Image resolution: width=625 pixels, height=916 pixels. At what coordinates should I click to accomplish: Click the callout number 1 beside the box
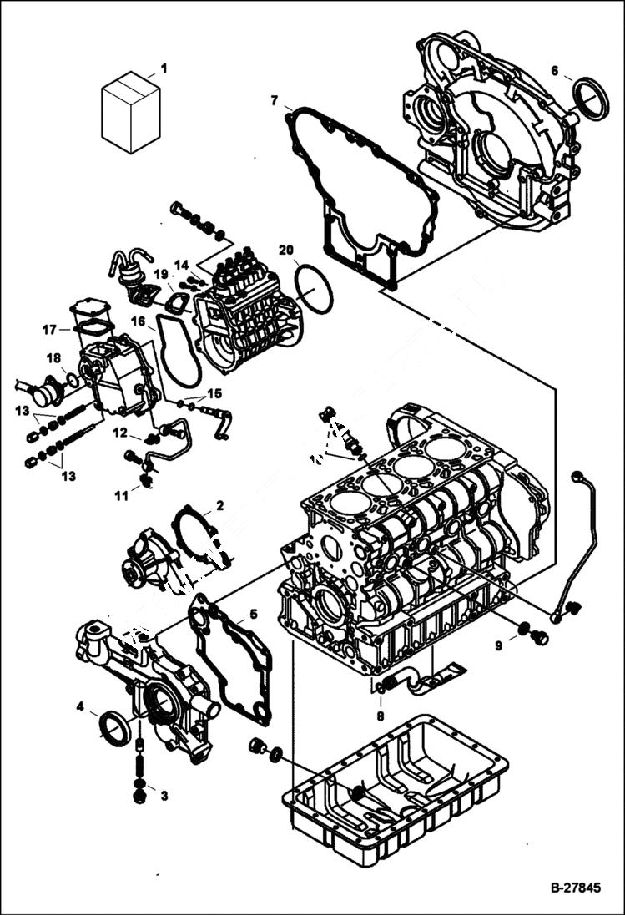(x=164, y=68)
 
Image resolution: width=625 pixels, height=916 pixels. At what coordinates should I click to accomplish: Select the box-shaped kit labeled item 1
(x=129, y=113)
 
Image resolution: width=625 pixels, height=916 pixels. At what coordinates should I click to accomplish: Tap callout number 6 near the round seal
(x=554, y=71)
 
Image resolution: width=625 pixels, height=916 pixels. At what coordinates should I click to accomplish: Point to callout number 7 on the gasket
(x=275, y=101)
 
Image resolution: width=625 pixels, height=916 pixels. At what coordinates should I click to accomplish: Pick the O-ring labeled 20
(x=314, y=289)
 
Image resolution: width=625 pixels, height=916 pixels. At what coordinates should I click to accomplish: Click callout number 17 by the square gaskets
(x=50, y=329)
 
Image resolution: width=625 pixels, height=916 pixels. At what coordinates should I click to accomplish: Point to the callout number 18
(x=53, y=358)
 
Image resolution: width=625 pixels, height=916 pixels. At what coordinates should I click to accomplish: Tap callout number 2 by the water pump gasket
(x=219, y=505)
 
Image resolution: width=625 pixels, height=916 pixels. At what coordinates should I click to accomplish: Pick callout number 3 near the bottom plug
(x=164, y=796)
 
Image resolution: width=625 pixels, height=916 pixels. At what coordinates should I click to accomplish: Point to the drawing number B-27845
(x=574, y=888)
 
